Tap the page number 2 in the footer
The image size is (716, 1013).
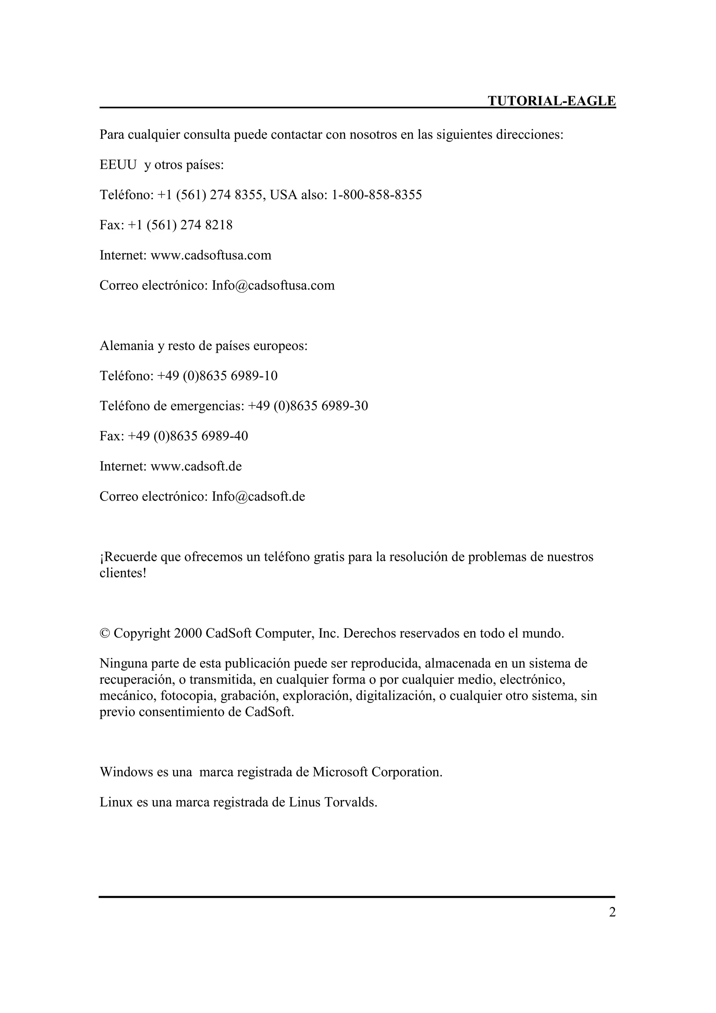tap(612, 912)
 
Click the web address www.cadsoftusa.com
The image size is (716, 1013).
tap(211, 255)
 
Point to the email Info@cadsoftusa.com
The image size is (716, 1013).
tap(273, 286)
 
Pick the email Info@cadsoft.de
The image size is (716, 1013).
tap(258, 496)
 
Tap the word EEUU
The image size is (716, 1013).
tap(118, 165)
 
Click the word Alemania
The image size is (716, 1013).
tap(126, 345)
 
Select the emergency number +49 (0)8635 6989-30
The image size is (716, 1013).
tap(308, 406)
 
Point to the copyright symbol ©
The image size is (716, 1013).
tap(105, 634)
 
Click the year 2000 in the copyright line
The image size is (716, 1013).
tap(188, 634)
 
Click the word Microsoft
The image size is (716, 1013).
tap(340, 772)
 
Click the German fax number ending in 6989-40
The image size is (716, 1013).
tap(188, 436)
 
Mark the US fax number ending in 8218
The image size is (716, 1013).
tap(180, 225)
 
